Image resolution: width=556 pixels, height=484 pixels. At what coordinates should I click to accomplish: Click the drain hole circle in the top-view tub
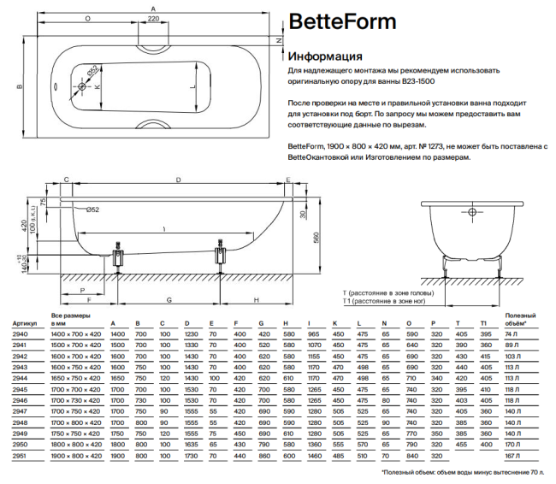83,86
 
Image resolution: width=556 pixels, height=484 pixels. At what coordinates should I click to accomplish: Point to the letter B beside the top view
19,86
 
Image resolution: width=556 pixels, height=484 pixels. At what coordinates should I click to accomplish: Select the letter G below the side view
169,300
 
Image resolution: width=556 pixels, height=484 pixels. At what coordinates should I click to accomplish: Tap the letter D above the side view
177,180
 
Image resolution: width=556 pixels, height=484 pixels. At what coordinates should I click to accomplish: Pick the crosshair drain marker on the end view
470,211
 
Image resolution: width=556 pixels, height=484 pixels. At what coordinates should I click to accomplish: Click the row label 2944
19,376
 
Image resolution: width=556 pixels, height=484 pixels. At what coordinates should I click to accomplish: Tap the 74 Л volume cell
512,334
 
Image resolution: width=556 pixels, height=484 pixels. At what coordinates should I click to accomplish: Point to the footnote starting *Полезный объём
462,472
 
